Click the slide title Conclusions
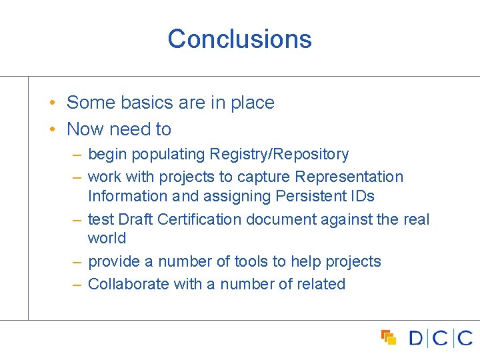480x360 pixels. point(239,39)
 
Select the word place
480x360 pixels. point(253,103)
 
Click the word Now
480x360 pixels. point(86,129)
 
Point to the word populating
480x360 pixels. point(168,155)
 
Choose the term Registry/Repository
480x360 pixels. point(279,155)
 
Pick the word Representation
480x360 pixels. point(349,177)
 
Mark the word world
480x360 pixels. point(107,238)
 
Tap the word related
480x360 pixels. point(321,284)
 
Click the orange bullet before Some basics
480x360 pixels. point(51,103)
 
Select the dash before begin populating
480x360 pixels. point(77,155)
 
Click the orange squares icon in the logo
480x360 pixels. point(388,337)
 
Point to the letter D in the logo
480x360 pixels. point(416,338)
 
